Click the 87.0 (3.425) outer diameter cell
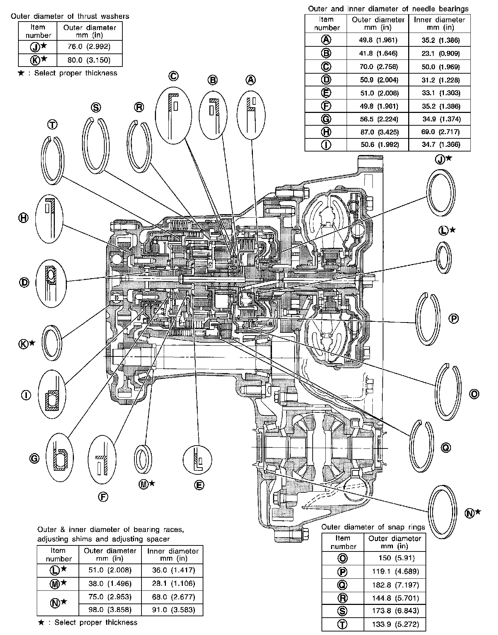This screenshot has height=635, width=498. tap(378, 132)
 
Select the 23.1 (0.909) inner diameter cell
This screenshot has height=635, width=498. tap(440, 53)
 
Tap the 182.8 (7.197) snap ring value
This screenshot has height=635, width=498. tap(394, 585)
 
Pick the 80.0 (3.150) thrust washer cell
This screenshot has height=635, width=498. tap(89, 60)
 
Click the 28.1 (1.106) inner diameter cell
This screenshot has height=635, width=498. tap(172, 583)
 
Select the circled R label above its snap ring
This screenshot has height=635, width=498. tap(139, 107)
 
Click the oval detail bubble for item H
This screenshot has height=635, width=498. tap(50, 218)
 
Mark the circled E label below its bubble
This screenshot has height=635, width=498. tap(199, 485)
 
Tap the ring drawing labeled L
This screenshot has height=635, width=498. tap(443, 258)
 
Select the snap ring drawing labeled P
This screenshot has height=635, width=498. tap(428, 319)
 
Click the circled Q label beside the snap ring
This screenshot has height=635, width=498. tap(446, 448)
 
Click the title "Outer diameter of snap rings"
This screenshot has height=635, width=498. tap(373, 527)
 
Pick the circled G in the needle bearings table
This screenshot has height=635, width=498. tap(326, 119)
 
